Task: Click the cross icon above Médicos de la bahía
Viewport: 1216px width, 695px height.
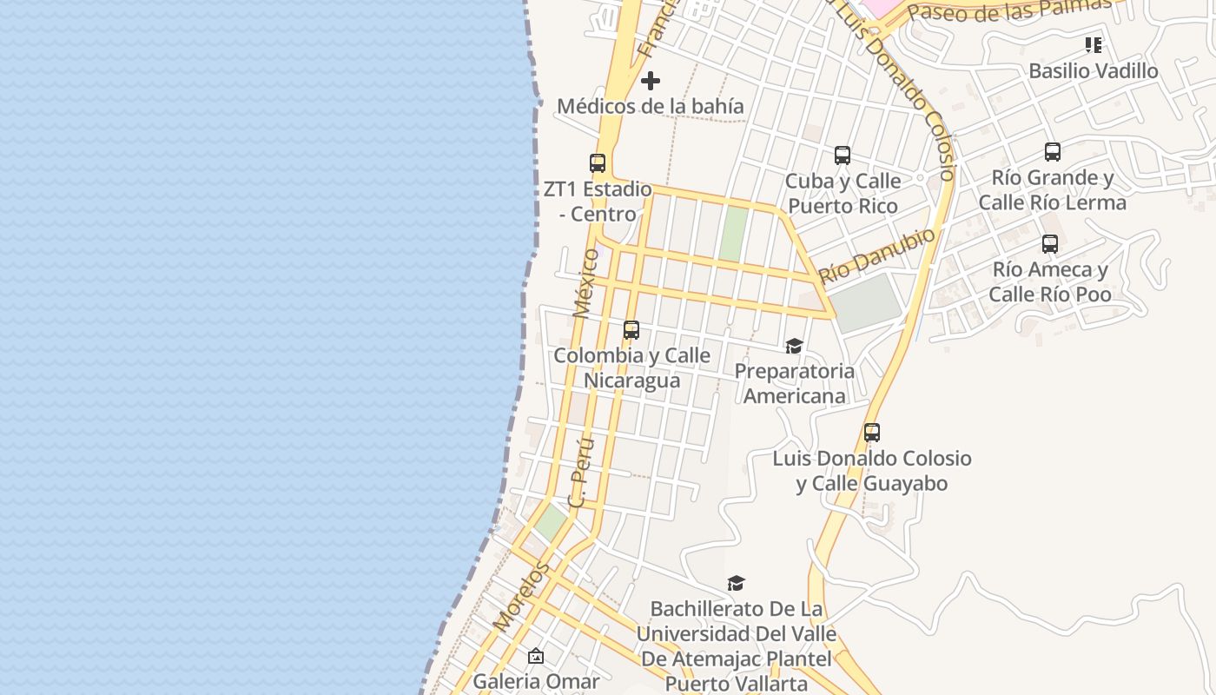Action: click(650, 82)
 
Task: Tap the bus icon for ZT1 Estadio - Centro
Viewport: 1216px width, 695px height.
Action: click(598, 163)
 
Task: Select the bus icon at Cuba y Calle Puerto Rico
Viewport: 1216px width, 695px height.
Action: click(843, 156)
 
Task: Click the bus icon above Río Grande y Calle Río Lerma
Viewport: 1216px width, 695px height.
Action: click(1053, 152)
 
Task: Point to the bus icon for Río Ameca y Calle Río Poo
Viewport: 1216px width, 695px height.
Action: click(1050, 244)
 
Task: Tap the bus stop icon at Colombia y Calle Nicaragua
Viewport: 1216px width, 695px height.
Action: click(631, 330)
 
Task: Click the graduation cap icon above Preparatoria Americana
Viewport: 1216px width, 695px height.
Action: click(794, 347)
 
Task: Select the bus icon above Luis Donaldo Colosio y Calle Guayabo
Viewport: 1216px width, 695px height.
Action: click(872, 433)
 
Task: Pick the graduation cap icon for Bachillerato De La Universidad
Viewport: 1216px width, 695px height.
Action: click(737, 583)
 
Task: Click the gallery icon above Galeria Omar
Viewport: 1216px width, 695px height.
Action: click(536, 656)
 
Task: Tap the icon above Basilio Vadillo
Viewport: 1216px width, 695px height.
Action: click(1094, 45)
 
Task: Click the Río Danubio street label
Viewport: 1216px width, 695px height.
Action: click(877, 255)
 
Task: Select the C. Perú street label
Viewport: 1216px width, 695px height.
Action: click(581, 472)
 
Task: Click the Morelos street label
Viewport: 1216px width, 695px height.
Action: click(521, 597)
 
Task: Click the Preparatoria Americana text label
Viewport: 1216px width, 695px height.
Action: click(794, 383)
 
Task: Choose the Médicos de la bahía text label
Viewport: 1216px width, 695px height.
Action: click(650, 106)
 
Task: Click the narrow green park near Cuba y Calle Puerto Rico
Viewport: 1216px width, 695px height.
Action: click(733, 233)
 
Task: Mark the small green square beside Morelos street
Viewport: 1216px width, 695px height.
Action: click(550, 521)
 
